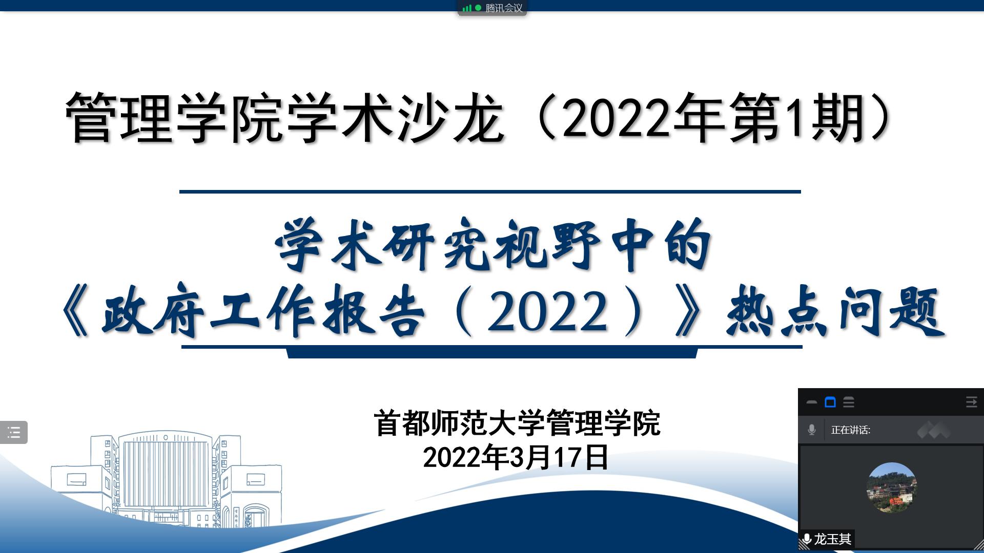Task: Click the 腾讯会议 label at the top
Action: point(504,8)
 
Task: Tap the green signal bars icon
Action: point(466,8)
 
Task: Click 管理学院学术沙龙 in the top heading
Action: point(284,118)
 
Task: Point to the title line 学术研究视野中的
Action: point(493,245)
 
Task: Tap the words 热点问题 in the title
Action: point(835,310)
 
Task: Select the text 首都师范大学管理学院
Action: point(517,423)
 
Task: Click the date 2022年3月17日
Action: point(516,457)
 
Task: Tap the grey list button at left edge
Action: point(14,432)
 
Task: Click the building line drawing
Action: point(167,479)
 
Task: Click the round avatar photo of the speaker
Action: point(892,487)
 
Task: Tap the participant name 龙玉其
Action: point(833,539)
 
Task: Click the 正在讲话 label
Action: point(851,430)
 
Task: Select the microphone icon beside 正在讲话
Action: point(812,430)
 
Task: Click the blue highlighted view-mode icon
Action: point(830,402)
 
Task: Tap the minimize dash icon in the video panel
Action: point(812,402)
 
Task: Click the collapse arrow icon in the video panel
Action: point(971,402)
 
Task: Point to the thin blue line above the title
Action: point(490,192)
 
